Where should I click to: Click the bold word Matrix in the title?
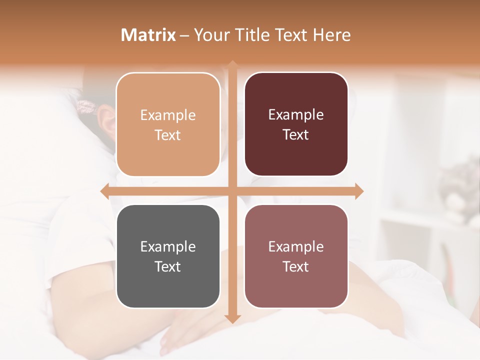click(x=148, y=35)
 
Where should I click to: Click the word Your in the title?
click(x=210, y=35)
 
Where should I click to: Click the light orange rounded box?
click(x=168, y=125)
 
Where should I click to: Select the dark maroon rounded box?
click(x=296, y=125)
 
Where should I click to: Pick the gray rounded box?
click(x=168, y=256)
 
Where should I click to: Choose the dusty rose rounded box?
click(x=296, y=256)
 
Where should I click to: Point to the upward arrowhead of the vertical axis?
click(x=232, y=64)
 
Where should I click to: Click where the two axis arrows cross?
click(x=232, y=191)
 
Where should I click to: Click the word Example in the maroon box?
click(x=296, y=114)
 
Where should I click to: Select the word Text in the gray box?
click(x=167, y=266)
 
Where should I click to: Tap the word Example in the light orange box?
click(x=168, y=115)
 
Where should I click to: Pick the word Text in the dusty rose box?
click(x=296, y=266)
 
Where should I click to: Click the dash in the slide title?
click(x=184, y=35)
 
